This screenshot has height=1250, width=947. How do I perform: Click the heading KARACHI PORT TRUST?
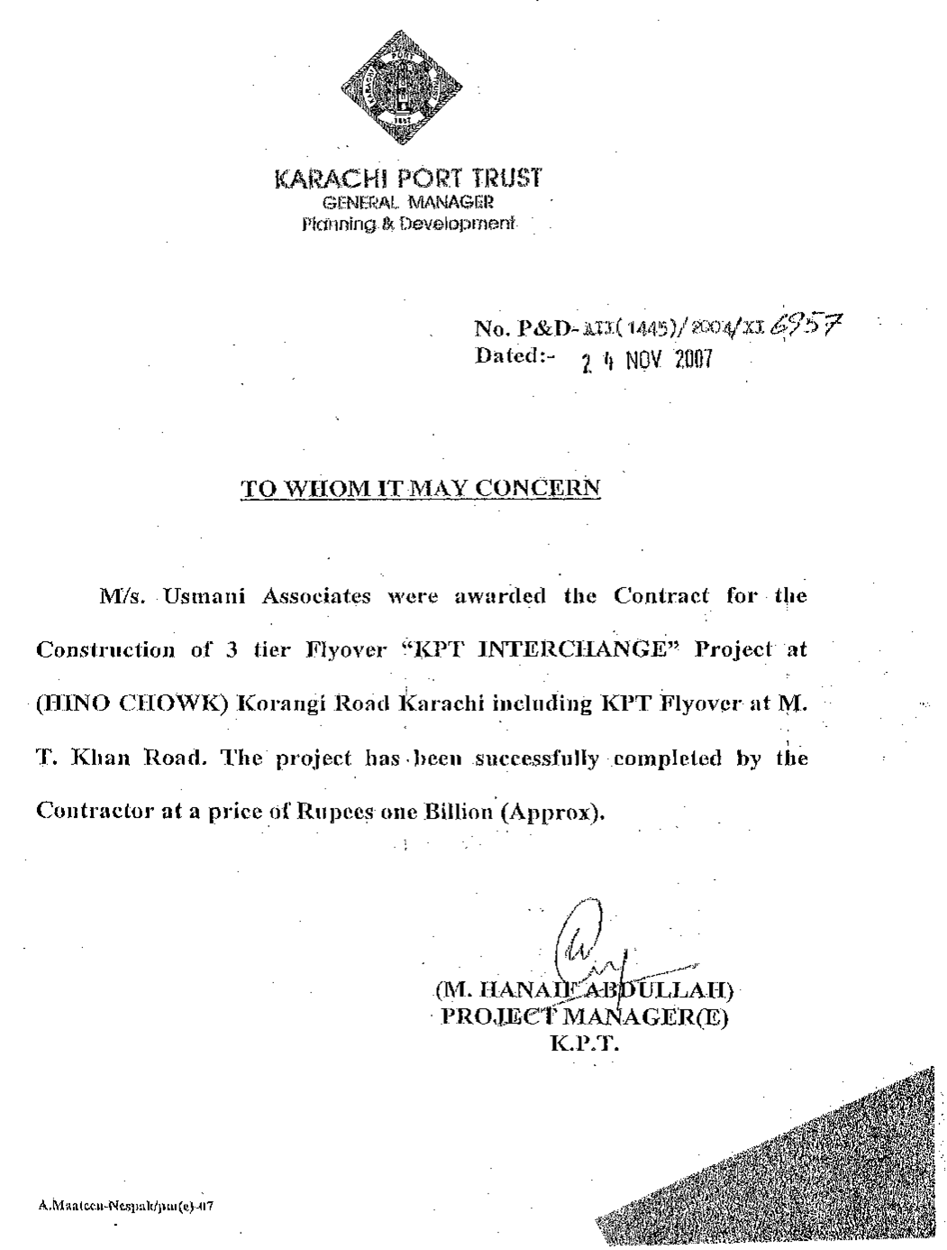[x=407, y=178]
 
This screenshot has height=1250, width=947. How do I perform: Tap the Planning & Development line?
[x=409, y=223]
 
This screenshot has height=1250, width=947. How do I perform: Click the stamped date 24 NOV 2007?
[x=646, y=362]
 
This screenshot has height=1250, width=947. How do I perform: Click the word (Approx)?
[x=553, y=811]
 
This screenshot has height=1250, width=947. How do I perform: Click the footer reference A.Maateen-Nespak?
[x=125, y=1205]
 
